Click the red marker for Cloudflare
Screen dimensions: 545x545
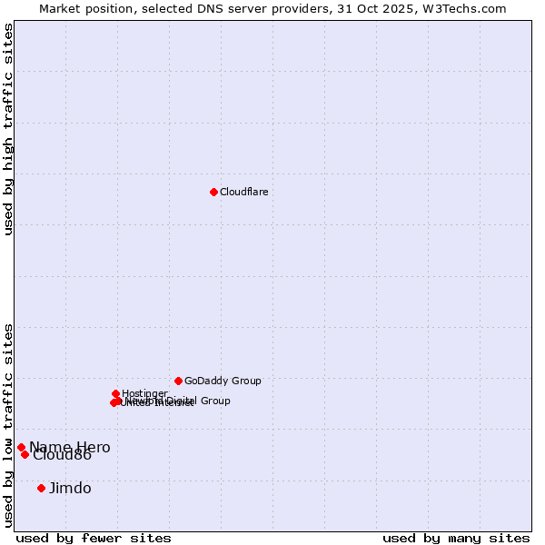point(213,192)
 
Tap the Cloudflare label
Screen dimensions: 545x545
point(243,192)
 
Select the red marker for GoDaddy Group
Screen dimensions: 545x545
point(178,381)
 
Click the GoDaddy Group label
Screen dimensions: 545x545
point(223,381)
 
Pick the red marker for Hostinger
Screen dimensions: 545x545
point(115,393)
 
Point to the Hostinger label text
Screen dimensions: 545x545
point(144,393)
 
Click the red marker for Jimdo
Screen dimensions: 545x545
point(41,488)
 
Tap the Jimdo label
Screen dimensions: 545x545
point(70,488)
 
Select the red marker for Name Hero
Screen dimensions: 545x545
point(21,447)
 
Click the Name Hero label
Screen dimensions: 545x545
point(70,447)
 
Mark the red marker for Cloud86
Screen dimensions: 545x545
point(25,454)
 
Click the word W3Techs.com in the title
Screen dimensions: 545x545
point(469,8)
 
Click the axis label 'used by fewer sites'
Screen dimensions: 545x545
point(94,538)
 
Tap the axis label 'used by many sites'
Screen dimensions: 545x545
point(456,538)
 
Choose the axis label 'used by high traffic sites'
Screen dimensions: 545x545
point(8,129)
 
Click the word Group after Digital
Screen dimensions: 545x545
point(214,401)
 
